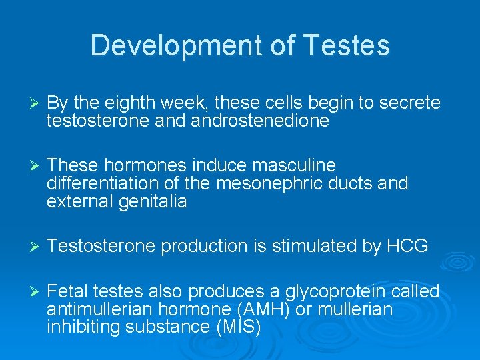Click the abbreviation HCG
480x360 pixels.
[407, 246]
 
